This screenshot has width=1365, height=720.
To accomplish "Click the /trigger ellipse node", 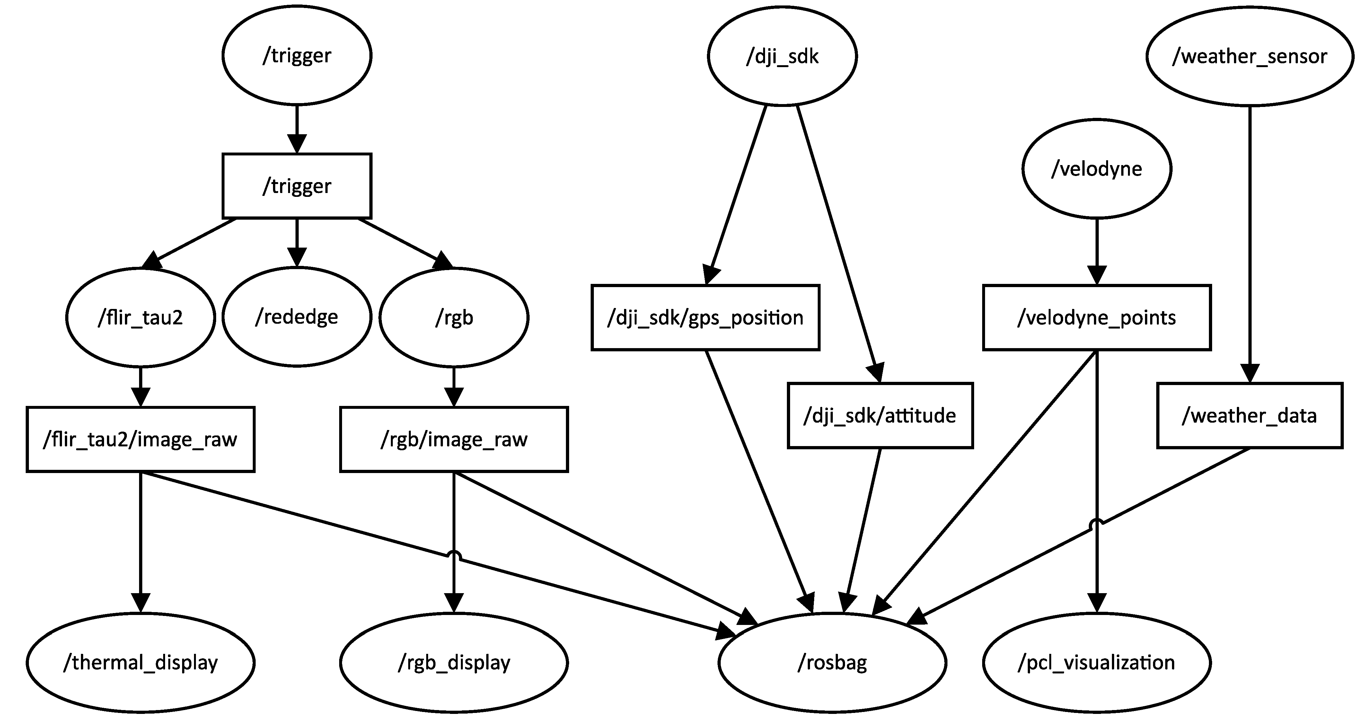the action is [297, 56].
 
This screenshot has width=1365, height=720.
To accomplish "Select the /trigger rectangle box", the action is [297, 186].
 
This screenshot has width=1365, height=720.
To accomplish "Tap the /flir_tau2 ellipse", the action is [140, 317].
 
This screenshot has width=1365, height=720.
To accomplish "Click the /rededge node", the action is [297, 317].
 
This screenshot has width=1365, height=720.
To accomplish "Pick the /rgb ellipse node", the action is [454, 317].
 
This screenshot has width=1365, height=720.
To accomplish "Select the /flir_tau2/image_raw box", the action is [140, 439].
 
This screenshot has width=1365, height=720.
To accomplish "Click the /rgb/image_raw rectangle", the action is [454, 439].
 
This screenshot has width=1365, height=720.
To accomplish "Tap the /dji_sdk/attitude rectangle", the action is [880, 415].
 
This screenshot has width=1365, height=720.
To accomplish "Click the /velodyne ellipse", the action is [1097, 169].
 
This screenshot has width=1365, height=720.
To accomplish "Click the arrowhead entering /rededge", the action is [297, 258].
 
